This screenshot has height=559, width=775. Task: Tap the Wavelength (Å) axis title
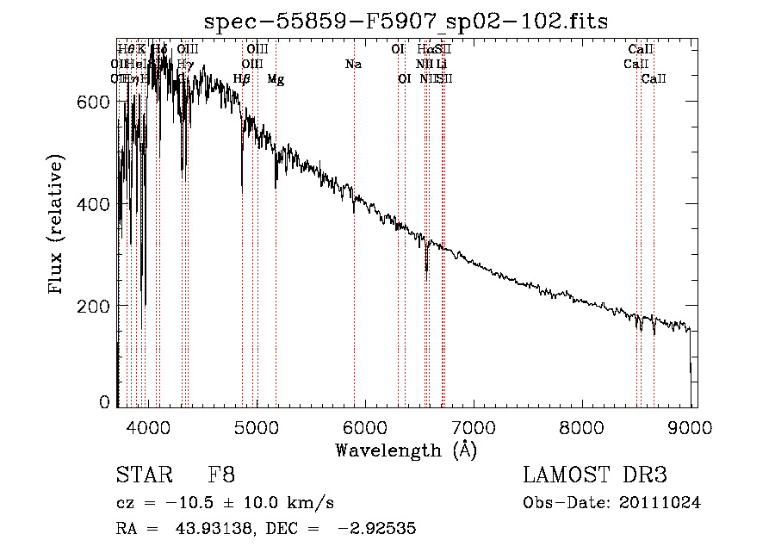[x=406, y=450]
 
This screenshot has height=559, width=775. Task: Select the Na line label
[x=353, y=65]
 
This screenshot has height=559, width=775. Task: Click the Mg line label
[x=276, y=79]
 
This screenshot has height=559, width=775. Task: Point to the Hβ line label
[x=242, y=79]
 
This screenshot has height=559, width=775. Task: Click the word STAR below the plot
[x=143, y=475]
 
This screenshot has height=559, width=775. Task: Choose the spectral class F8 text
[x=221, y=475]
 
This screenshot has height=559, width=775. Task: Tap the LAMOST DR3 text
[x=595, y=475]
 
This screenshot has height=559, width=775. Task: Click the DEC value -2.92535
[x=381, y=529]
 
